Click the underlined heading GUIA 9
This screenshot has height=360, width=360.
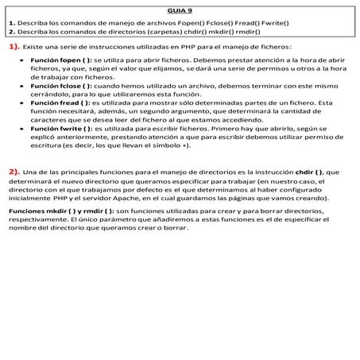180,10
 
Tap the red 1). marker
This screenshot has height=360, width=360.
15,48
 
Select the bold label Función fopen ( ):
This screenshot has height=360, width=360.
61,61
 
